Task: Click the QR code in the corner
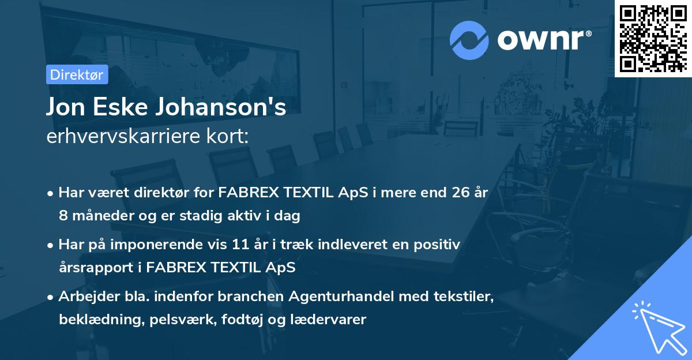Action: [x=653, y=39]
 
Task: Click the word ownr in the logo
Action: [x=544, y=40]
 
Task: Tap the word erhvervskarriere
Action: [x=127, y=137]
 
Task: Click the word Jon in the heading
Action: [x=66, y=107]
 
